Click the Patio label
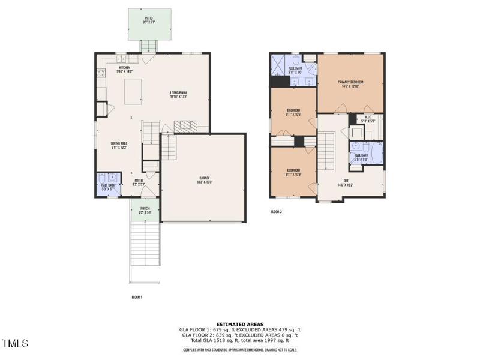pyautogui.click(x=148, y=19)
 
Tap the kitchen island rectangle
pyautogui.click(x=133, y=91)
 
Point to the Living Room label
pyautogui.click(x=179, y=94)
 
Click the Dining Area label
pyautogui.click(x=119, y=145)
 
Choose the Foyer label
pyautogui.click(x=139, y=181)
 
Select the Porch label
pyautogui.click(x=145, y=210)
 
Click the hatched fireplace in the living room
pyautogui.click(x=185, y=125)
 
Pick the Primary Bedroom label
pyautogui.click(x=350, y=83)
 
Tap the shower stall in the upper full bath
pyautogui.click(x=279, y=63)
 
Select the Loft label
pyautogui.click(x=345, y=182)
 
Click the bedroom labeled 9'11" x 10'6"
pyautogui.click(x=293, y=112)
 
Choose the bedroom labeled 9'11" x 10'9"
pyautogui.click(x=293, y=172)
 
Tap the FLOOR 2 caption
pyautogui.click(x=276, y=212)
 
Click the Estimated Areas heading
pyautogui.click(x=239, y=324)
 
